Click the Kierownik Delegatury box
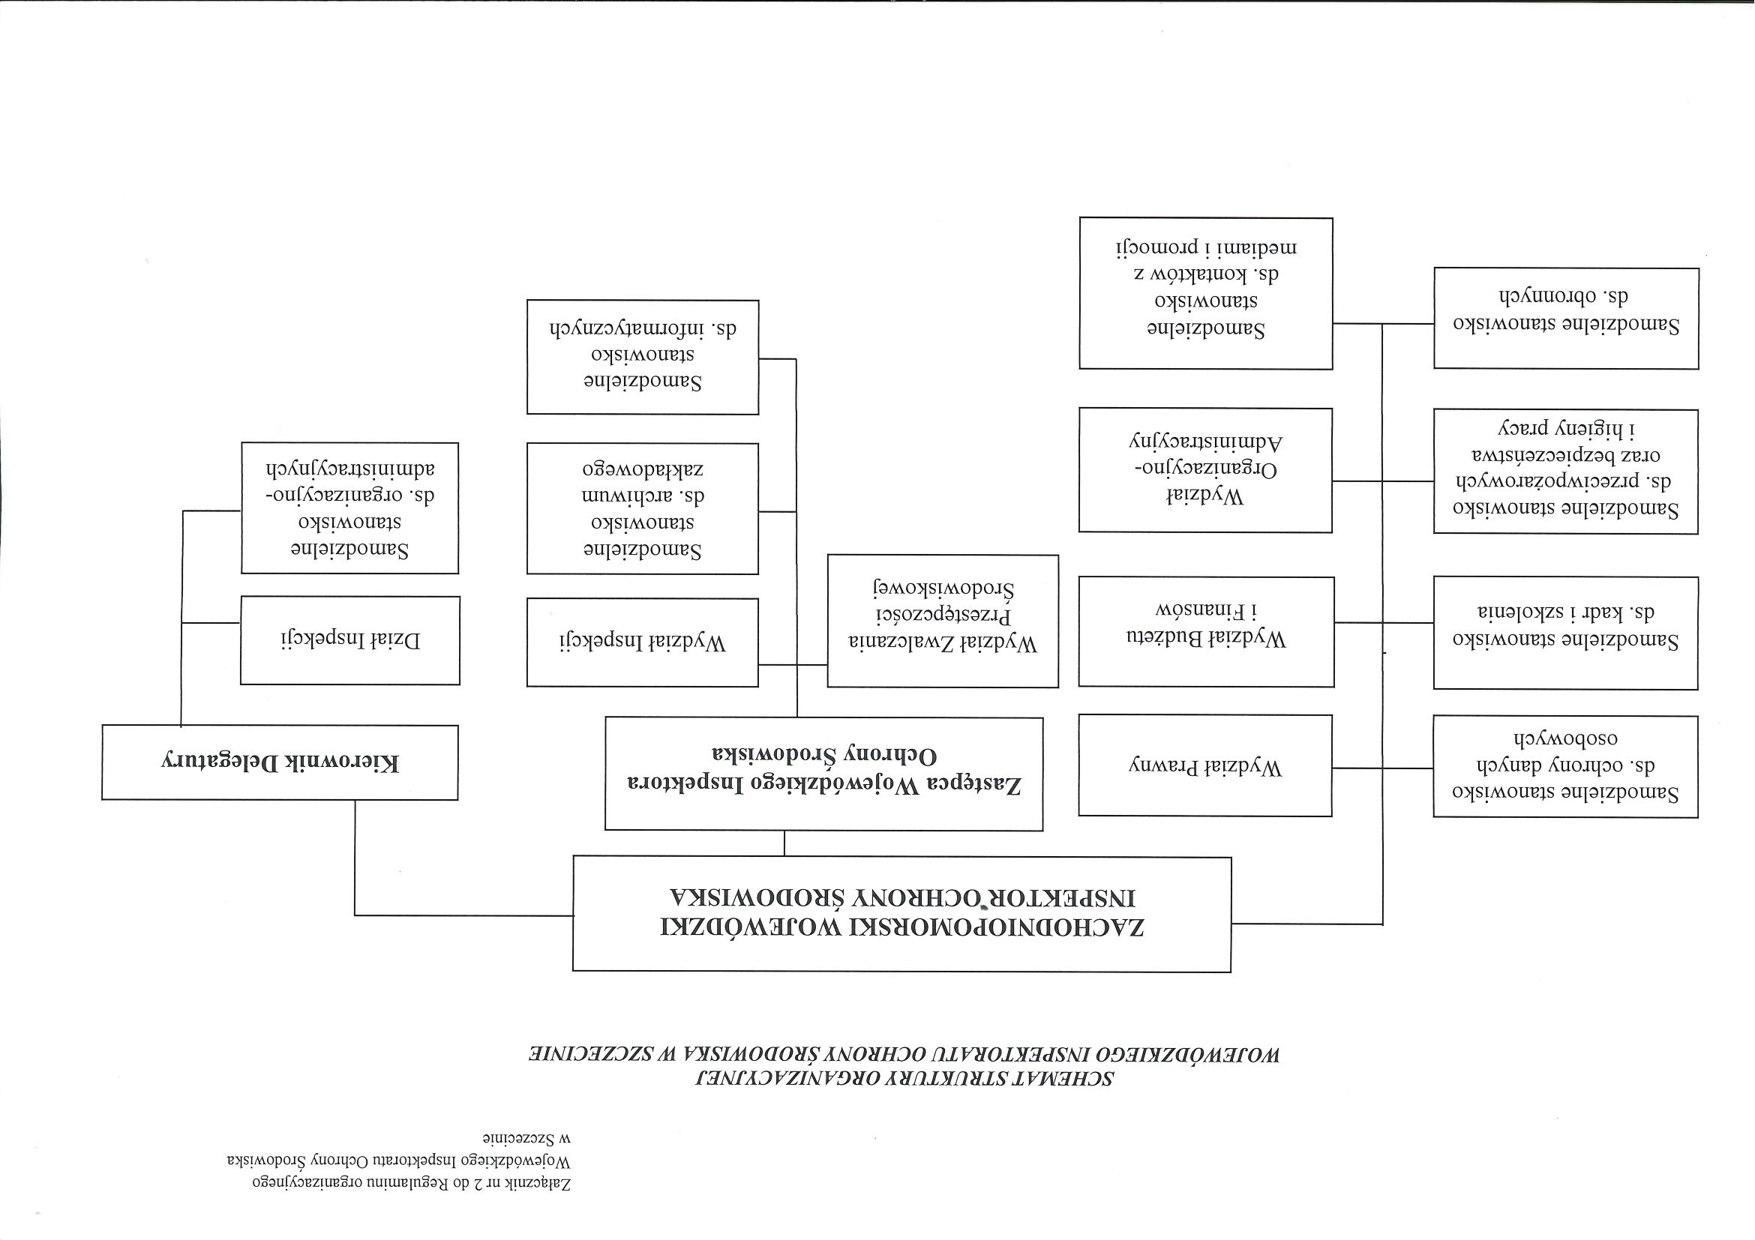pyautogui.click(x=280, y=762)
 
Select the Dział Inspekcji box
pyautogui.click(x=350, y=640)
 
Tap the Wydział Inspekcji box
pyautogui.click(x=642, y=642)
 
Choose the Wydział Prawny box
pyautogui.click(x=1205, y=765)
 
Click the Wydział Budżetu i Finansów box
pyautogui.click(x=1206, y=631)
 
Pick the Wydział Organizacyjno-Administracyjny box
pyautogui.click(x=1205, y=469)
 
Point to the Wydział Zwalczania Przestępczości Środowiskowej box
pyautogui.click(x=943, y=621)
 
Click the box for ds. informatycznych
pyautogui.click(x=642, y=357)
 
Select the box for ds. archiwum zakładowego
pyautogui.click(x=642, y=508)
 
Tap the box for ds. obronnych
pyautogui.click(x=1565, y=318)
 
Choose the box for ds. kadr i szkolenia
pyautogui.click(x=1565, y=633)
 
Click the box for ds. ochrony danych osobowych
pyautogui.click(x=1565, y=766)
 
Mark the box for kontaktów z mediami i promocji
pyautogui.click(x=1205, y=293)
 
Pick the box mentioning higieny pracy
pyautogui.click(x=1565, y=471)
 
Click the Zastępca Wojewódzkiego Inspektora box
pyautogui.click(x=823, y=773)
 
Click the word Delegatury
pyautogui.click(x=214, y=762)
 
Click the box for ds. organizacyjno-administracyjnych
pyautogui.click(x=349, y=508)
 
